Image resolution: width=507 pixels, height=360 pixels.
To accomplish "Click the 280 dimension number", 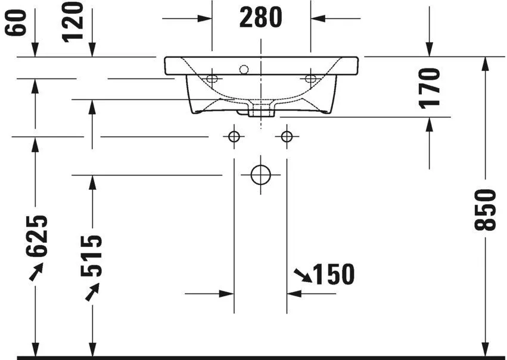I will click(260, 18).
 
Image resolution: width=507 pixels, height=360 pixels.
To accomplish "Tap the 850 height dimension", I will click(486, 209).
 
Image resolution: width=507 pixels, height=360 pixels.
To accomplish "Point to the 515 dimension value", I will click(92, 256).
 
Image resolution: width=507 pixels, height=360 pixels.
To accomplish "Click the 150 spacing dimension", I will click(334, 274).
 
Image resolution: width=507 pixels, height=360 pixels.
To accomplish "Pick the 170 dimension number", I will click(429, 87).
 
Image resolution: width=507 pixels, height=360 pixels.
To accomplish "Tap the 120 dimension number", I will click(73, 21).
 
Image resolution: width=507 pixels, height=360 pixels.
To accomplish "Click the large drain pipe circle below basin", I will click(260, 175).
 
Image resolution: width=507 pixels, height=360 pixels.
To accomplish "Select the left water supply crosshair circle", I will click(234, 137).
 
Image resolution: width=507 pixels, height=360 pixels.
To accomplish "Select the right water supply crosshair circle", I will click(287, 137).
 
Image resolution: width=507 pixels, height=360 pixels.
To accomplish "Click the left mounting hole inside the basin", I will click(212, 78).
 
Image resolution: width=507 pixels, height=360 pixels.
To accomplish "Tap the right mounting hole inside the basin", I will click(310, 78).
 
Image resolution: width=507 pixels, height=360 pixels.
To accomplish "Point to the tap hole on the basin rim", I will click(243, 70).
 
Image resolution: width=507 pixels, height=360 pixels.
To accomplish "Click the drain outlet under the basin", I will click(261, 109).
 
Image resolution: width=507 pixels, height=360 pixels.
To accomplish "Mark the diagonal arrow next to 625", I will click(36, 272).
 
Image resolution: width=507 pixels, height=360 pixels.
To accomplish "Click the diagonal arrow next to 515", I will click(92, 292).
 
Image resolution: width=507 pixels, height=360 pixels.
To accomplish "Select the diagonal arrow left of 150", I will click(302, 274).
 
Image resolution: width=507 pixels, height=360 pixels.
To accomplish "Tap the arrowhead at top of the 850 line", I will click(486, 63).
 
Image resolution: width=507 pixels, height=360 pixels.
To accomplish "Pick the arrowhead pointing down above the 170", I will click(429, 51).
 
